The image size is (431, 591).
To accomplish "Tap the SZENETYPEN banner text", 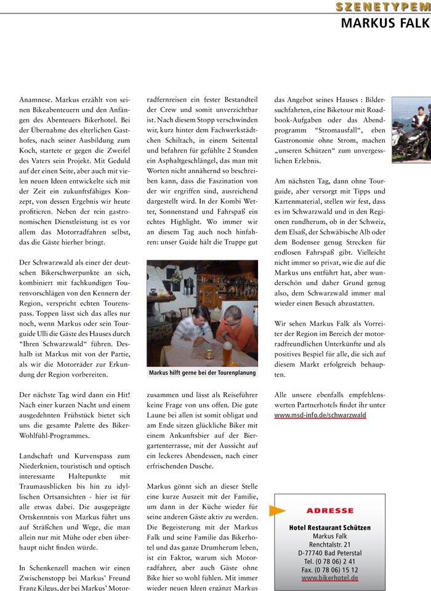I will (382, 7).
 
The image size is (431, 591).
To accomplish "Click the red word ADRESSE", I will (329, 510).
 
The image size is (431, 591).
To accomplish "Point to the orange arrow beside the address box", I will (278, 510).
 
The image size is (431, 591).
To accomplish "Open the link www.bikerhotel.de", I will (329, 579).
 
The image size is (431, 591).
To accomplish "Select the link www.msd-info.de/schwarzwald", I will (320, 415).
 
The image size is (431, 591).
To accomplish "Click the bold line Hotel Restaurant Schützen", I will (329, 528).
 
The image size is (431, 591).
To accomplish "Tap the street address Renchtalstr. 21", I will (329, 545).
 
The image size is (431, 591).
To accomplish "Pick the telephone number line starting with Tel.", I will (329, 562).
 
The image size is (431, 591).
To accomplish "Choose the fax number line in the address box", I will (329, 570).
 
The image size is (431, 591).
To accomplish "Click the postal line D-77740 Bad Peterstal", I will (329, 553).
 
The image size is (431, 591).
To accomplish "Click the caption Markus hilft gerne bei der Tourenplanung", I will (202, 372).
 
